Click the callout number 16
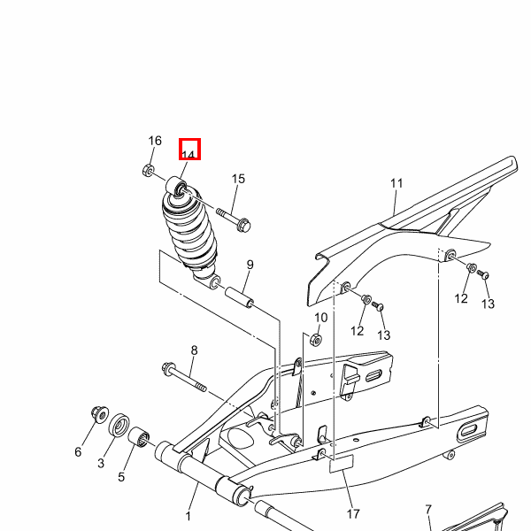[x=155, y=141]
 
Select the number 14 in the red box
[x=189, y=154]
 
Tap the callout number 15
[x=238, y=179]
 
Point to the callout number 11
[x=396, y=183]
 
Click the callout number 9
[x=250, y=265]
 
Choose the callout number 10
[x=320, y=318]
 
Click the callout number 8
[x=194, y=350]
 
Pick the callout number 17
[x=353, y=514]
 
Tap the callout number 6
[x=78, y=451]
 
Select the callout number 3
[x=101, y=463]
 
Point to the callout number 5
[x=121, y=477]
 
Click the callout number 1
[x=188, y=516]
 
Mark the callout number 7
[x=428, y=510]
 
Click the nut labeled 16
[x=149, y=170]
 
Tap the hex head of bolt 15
[x=243, y=226]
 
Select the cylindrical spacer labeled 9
[x=240, y=297]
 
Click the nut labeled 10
[x=316, y=339]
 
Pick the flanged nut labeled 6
[x=100, y=414]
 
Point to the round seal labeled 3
[x=119, y=425]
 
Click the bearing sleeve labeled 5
[x=139, y=437]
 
